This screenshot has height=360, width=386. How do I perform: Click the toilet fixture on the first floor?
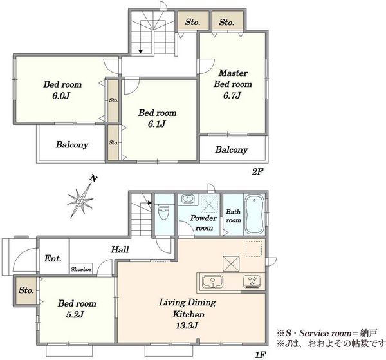163,213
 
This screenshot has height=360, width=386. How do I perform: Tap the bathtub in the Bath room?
255,214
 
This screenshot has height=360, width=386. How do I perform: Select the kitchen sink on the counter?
212,281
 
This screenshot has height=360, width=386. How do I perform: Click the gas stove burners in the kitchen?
252,281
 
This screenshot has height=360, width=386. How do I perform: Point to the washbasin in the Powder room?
188,198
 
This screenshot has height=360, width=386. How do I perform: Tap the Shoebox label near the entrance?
81,269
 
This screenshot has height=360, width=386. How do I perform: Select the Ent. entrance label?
53,258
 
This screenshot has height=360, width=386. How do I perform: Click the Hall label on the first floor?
120,249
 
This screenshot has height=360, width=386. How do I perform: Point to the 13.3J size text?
187,326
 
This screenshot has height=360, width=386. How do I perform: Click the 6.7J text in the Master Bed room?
232,95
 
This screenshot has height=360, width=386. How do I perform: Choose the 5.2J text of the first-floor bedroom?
75,314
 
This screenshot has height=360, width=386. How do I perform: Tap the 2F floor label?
257,171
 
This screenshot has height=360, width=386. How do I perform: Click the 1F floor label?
260,355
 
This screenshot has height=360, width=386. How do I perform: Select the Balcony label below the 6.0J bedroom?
72,145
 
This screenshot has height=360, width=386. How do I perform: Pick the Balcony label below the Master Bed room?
232,149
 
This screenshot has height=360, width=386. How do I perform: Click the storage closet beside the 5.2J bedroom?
26,290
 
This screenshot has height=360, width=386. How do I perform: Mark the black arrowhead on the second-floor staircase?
140,52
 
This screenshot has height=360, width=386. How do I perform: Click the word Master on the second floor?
233,73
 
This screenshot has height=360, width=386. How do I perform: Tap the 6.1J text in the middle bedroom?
156,124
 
